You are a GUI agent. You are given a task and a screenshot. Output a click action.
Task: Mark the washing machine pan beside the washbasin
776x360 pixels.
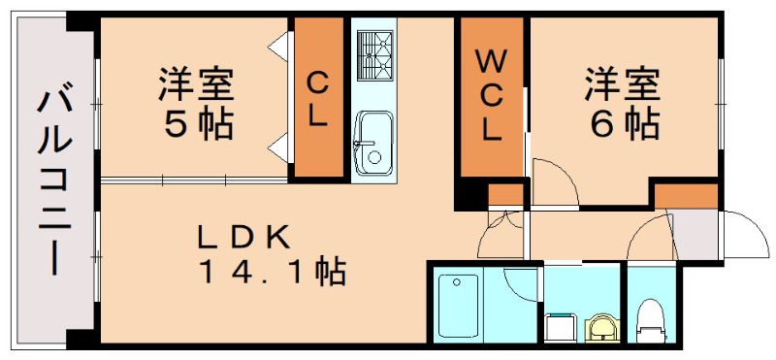pos(560,328)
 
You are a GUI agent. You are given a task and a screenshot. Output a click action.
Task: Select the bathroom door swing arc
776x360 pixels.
pos(520,286)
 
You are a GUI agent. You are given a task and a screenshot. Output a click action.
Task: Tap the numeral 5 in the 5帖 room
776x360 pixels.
pos(173,125)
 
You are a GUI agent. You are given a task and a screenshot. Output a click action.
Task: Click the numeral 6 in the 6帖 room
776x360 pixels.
pos(599,125)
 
